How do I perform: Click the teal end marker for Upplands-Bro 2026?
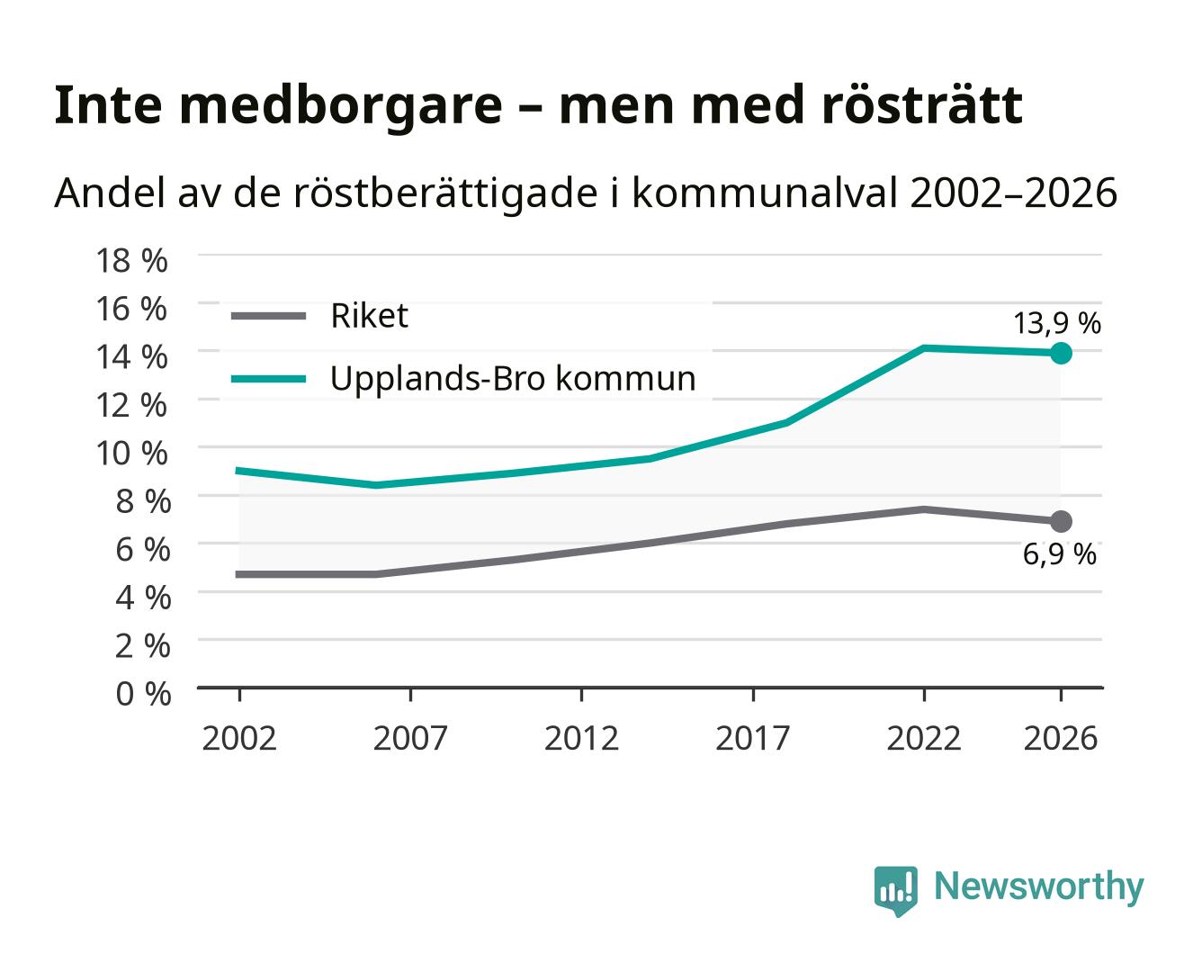pos(1061,354)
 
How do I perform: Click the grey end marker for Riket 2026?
pos(1061,522)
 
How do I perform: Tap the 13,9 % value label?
pos(1057,323)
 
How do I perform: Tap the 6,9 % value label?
pos(1059,554)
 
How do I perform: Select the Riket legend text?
pos(369,316)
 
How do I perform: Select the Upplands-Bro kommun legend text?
pos(513,378)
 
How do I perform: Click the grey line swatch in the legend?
pos(269,316)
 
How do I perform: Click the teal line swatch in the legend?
pos(269,379)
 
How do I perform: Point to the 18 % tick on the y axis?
pos(131,261)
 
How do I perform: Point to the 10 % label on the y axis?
pos(131,454)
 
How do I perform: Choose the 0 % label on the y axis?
pos(143,694)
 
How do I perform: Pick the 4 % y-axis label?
pos(143,598)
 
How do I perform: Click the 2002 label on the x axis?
pos(239,738)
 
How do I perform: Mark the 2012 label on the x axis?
pos(581,738)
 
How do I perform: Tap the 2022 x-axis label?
pos(924,738)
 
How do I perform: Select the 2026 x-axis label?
pos(1061,738)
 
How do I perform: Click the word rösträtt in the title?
pos(922,105)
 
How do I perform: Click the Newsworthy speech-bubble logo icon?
pos(895,891)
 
